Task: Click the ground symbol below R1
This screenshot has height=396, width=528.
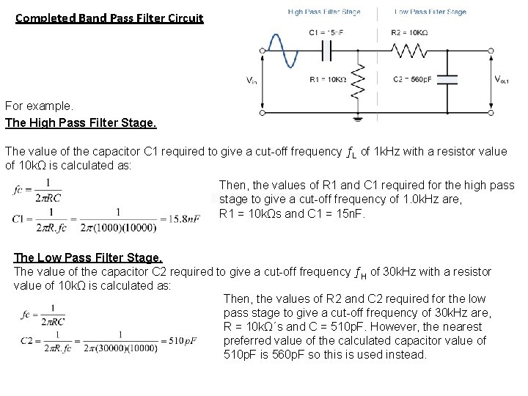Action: [358, 115]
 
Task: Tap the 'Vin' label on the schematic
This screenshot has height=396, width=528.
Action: [251, 81]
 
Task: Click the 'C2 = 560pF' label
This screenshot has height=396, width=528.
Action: [414, 78]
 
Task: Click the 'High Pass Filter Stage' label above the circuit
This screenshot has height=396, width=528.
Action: [324, 12]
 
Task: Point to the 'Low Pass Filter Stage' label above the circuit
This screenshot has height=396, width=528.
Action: [430, 12]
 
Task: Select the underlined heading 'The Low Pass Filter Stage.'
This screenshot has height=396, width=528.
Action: [88, 258]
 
